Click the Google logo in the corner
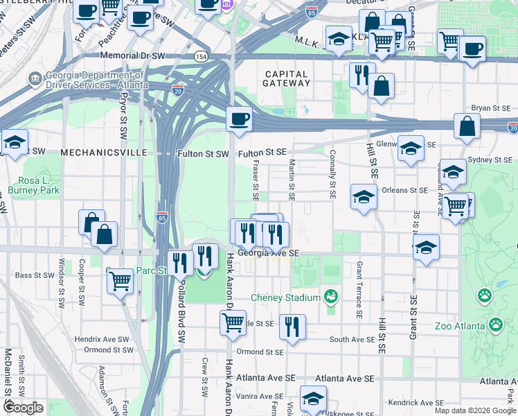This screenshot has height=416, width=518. tap(23, 408)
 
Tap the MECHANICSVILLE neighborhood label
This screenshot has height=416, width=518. tap(103, 152)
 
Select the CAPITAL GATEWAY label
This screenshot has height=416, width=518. tap(286, 78)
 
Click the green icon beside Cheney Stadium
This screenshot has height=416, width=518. tap(332, 297)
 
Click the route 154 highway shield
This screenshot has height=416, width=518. tap(201, 56)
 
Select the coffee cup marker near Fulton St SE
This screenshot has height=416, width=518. tap(239, 119)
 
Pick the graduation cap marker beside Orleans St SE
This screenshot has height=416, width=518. tap(363, 196)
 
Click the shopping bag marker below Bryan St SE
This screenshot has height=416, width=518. tap(467, 127)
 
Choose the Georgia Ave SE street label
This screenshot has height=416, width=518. tap(268, 254)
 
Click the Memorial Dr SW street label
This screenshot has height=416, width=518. tap(132, 55)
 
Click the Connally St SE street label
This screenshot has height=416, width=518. tap(332, 175)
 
